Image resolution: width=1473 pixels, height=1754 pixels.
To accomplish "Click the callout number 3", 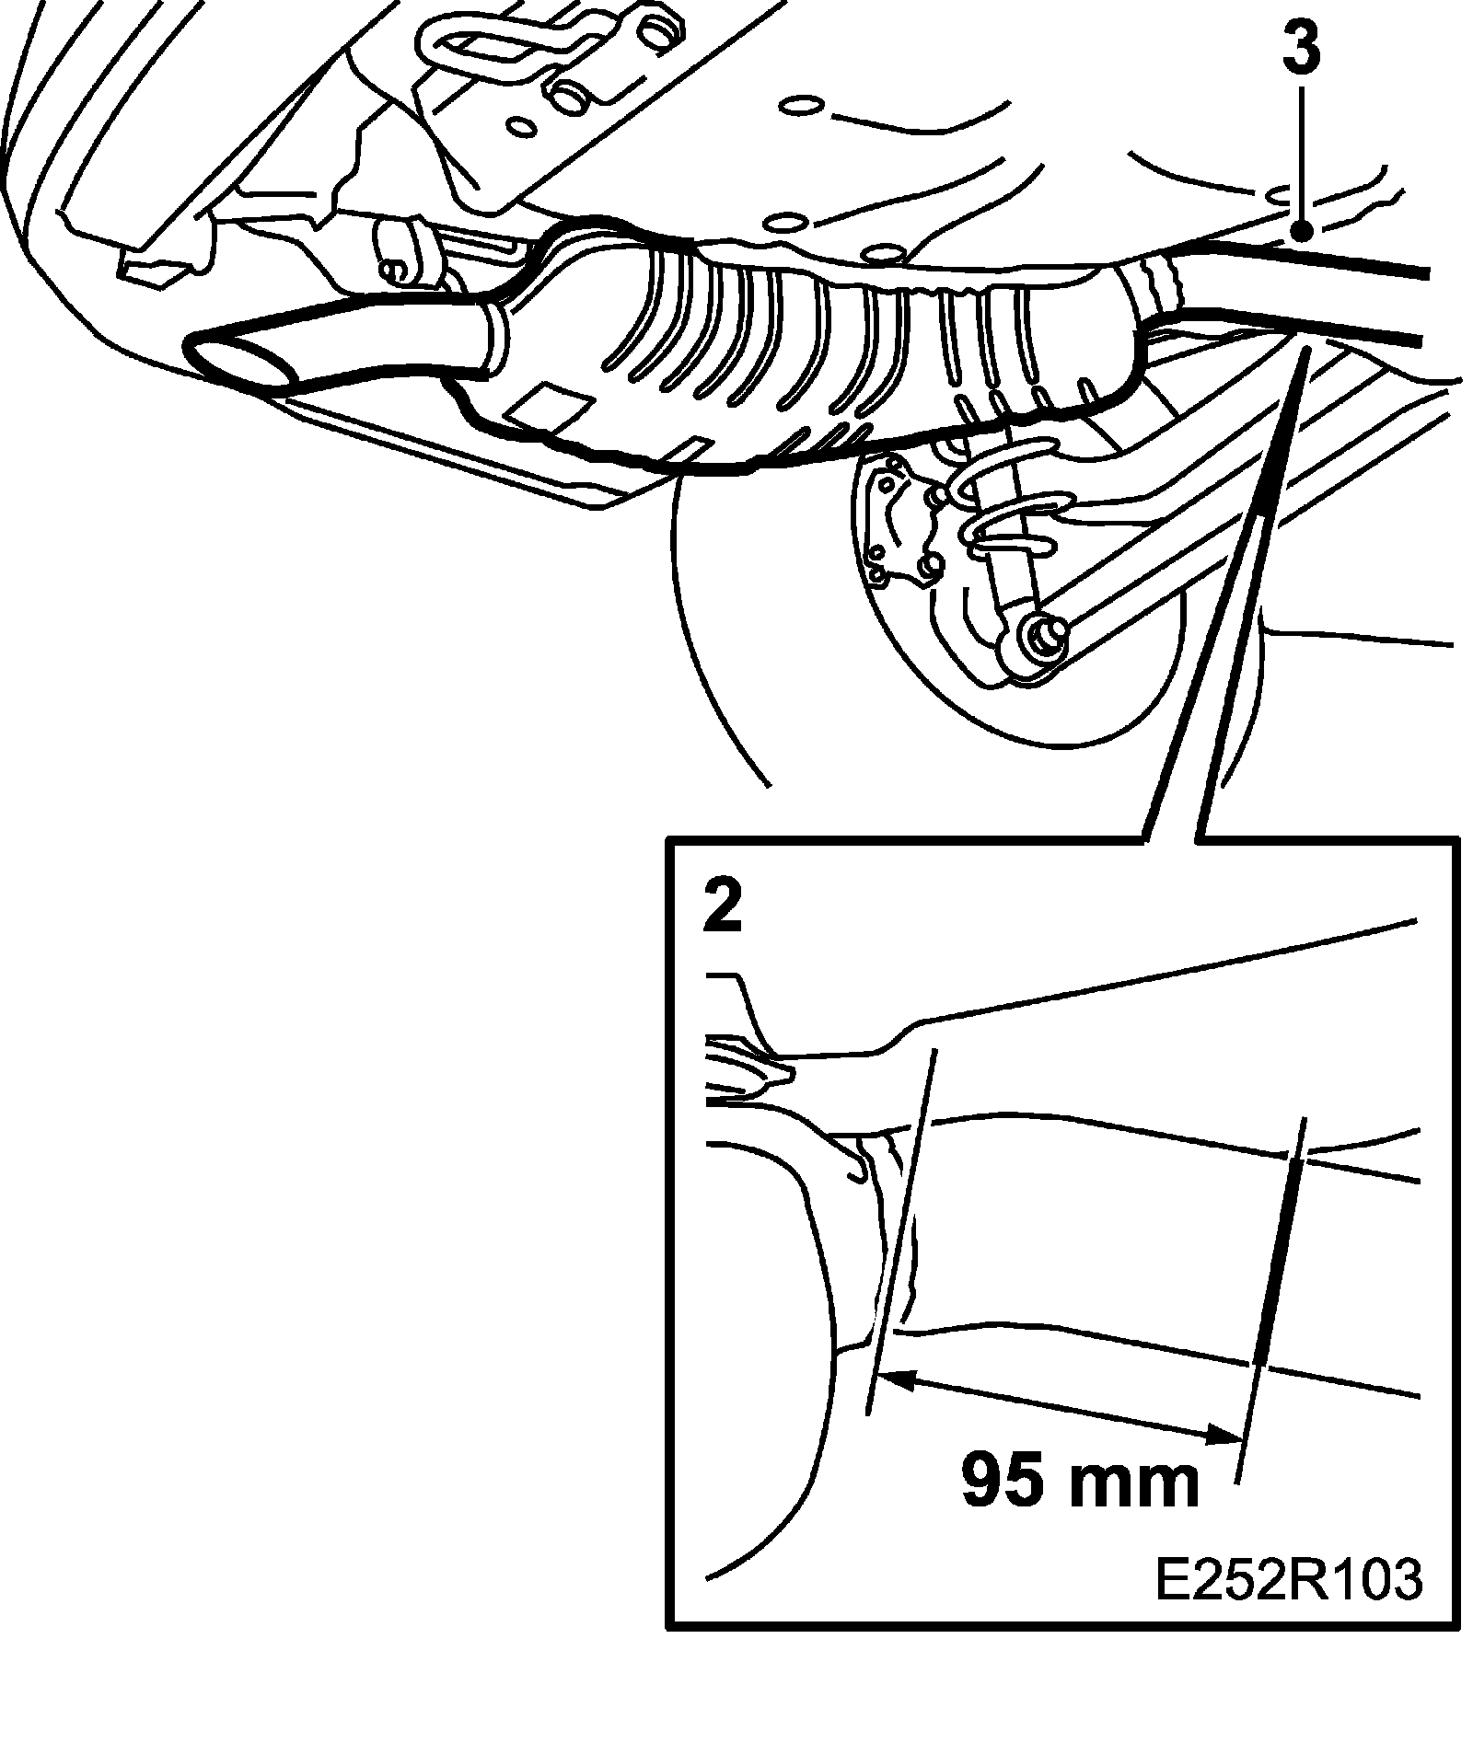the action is click(1300, 49).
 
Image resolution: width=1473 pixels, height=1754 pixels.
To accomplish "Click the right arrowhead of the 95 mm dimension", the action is click(1229, 1460).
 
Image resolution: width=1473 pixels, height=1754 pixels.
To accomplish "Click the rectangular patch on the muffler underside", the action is click(550, 406).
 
